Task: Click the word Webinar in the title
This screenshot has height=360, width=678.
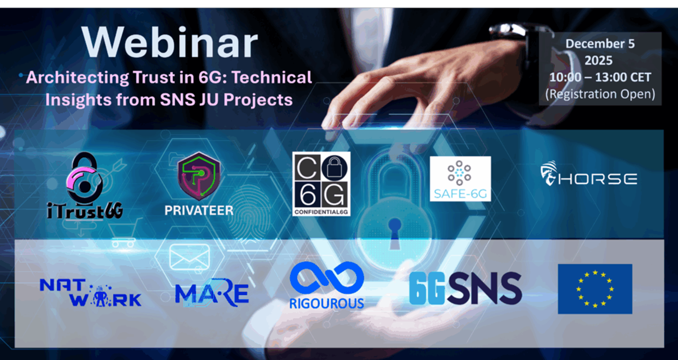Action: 170,42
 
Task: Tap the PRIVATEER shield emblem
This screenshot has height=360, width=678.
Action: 199,176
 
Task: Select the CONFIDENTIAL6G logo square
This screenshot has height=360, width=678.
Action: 321,184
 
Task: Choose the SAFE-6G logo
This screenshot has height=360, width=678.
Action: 460,179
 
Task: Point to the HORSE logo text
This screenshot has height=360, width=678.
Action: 597,179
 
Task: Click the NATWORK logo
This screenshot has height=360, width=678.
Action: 90,293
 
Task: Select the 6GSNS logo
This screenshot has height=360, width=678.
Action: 465,288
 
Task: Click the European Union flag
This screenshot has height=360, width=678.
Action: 595,289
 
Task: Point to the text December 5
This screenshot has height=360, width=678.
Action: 600,44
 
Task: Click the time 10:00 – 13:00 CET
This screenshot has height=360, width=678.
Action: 600,77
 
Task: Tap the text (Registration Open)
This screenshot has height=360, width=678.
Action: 600,94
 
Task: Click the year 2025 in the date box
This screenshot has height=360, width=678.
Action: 598,60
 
